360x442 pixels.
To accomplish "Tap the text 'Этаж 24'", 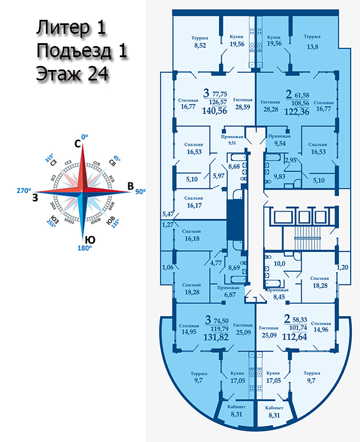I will tap(72, 75).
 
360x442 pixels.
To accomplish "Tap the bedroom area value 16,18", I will tap(193, 239).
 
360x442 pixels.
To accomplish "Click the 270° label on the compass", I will tap(23, 190).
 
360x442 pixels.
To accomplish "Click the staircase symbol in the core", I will tap(303, 237).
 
